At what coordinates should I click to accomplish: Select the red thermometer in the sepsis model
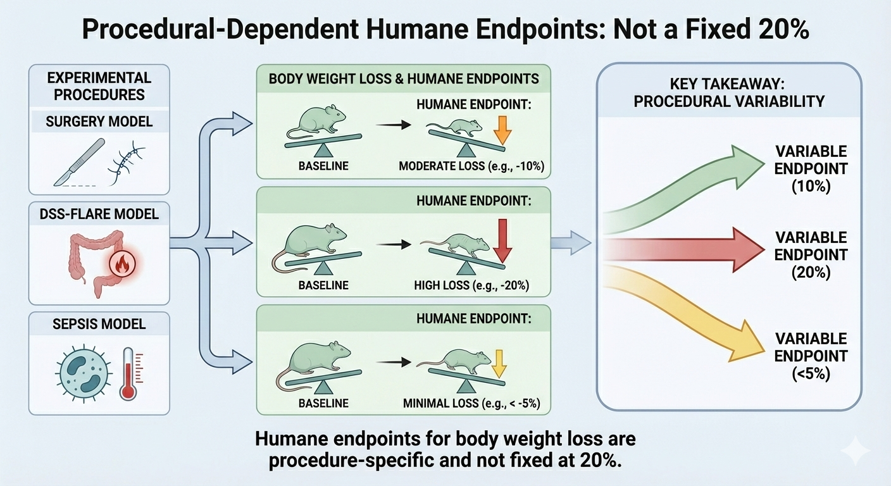[128, 373]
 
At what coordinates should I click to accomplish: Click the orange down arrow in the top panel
[501, 130]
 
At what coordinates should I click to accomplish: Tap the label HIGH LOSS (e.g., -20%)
[471, 285]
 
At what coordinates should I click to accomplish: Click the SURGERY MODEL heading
[99, 121]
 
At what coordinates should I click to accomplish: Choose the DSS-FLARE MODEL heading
[99, 215]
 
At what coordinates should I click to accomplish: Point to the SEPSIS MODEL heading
[99, 324]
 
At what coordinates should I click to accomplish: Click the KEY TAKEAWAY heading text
[728, 92]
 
